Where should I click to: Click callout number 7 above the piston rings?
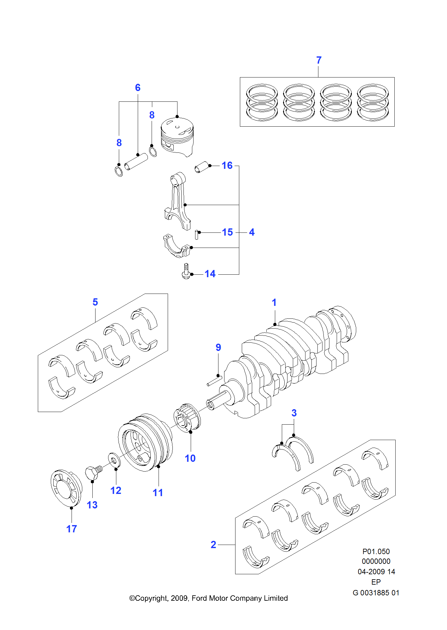pos(319,60)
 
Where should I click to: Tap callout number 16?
pos(227,165)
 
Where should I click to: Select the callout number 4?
pos(252,232)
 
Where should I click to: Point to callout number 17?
pos(72,529)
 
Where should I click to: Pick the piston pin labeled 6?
pos(136,161)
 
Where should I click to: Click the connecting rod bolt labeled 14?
pos(186,271)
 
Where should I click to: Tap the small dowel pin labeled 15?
pos(197,235)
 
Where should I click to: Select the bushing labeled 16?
pos(202,167)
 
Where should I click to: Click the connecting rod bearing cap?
pos(177,246)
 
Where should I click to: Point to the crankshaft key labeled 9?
pos(214,381)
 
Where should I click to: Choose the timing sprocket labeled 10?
pos(187,418)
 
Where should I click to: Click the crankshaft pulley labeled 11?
pos(145,442)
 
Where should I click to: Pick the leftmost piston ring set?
pos(262,102)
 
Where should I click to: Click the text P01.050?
pos(376,551)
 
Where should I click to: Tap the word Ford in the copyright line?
pos(199,598)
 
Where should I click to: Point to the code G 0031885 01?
pos(376,593)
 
